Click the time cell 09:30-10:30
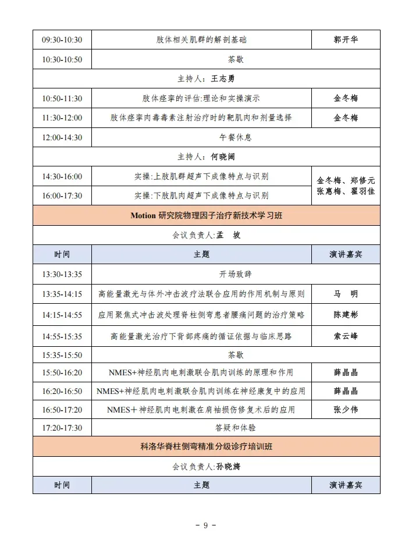pos(62,40)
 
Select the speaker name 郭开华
pos(346,40)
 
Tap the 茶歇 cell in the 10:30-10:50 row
pos(236,60)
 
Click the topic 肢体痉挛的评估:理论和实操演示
pos(201,98)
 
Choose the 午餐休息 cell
pos(236,137)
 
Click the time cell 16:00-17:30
pos(62,196)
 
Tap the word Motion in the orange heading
pos(143,216)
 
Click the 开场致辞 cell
pos(236,273)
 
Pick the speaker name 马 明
pos(346,294)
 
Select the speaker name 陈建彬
pos(346,315)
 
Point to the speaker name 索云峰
pos(346,336)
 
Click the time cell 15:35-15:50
pos(62,354)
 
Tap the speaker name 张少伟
pos(346,410)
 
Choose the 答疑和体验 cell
pos(236,428)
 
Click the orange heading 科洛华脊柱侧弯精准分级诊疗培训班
pos(206,447)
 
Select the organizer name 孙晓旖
pos(229,466)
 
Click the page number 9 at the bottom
pos(205,525)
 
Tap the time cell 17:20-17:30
pos(62,428)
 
